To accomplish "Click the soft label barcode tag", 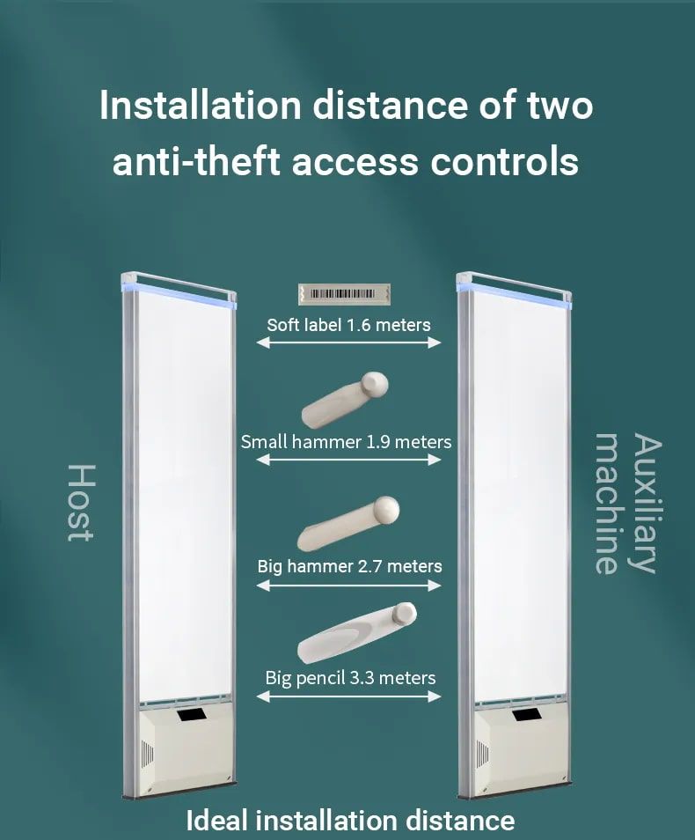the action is (344, 294).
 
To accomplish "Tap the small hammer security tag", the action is (345, 400).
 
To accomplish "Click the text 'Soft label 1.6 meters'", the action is (348, 325).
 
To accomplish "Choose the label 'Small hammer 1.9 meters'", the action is (346, 443).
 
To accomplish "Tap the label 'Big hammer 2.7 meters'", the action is (349, 566).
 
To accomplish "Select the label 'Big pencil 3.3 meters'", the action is (350, 678).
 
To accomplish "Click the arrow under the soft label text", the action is (348, 343).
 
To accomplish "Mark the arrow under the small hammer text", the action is (348, 460).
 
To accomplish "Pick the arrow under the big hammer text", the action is (348, 586).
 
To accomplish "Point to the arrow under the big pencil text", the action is (348, 696).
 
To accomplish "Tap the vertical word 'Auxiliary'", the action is (647, 504).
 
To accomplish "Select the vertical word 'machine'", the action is (608, 504).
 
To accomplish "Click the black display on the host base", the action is (192, 715).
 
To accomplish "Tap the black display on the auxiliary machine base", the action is (526, 715).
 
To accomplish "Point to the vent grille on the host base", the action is (147, 755).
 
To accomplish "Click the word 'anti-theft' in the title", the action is (197, 161).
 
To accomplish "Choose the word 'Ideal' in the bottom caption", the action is (216, 820).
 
